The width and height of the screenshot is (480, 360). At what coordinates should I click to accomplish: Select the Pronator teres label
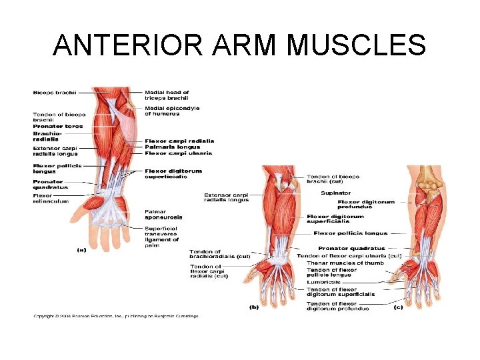[x=58, y=126]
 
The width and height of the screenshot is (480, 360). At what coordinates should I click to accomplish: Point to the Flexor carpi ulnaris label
[x=178, y=153]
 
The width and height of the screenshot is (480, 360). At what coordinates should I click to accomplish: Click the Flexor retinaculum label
[x=51, y=198]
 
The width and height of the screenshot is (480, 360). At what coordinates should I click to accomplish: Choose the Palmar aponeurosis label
[x=163, y=215]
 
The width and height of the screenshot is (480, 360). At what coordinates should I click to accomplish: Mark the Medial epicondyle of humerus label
[x=172, y=111]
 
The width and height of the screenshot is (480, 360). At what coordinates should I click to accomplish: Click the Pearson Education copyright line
[x=115, y=316]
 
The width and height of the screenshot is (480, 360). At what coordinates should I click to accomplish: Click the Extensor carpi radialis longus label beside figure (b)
[x=227, y=197]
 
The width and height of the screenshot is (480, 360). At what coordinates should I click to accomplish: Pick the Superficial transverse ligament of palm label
[x=162, y=234]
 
